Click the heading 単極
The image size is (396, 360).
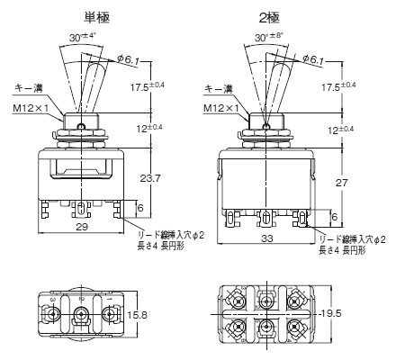[96, 17]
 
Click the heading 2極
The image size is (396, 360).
[269, 18]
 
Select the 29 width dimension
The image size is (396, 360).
[82, 227]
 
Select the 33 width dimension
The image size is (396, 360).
[266, 238]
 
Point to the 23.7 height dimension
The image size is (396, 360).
[150, 178]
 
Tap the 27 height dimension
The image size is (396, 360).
[341, 183]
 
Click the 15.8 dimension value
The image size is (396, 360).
[137, 315]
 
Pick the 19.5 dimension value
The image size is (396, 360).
[331, 313]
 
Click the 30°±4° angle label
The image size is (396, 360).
[82, 37]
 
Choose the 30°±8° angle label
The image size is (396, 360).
[269, 37]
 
